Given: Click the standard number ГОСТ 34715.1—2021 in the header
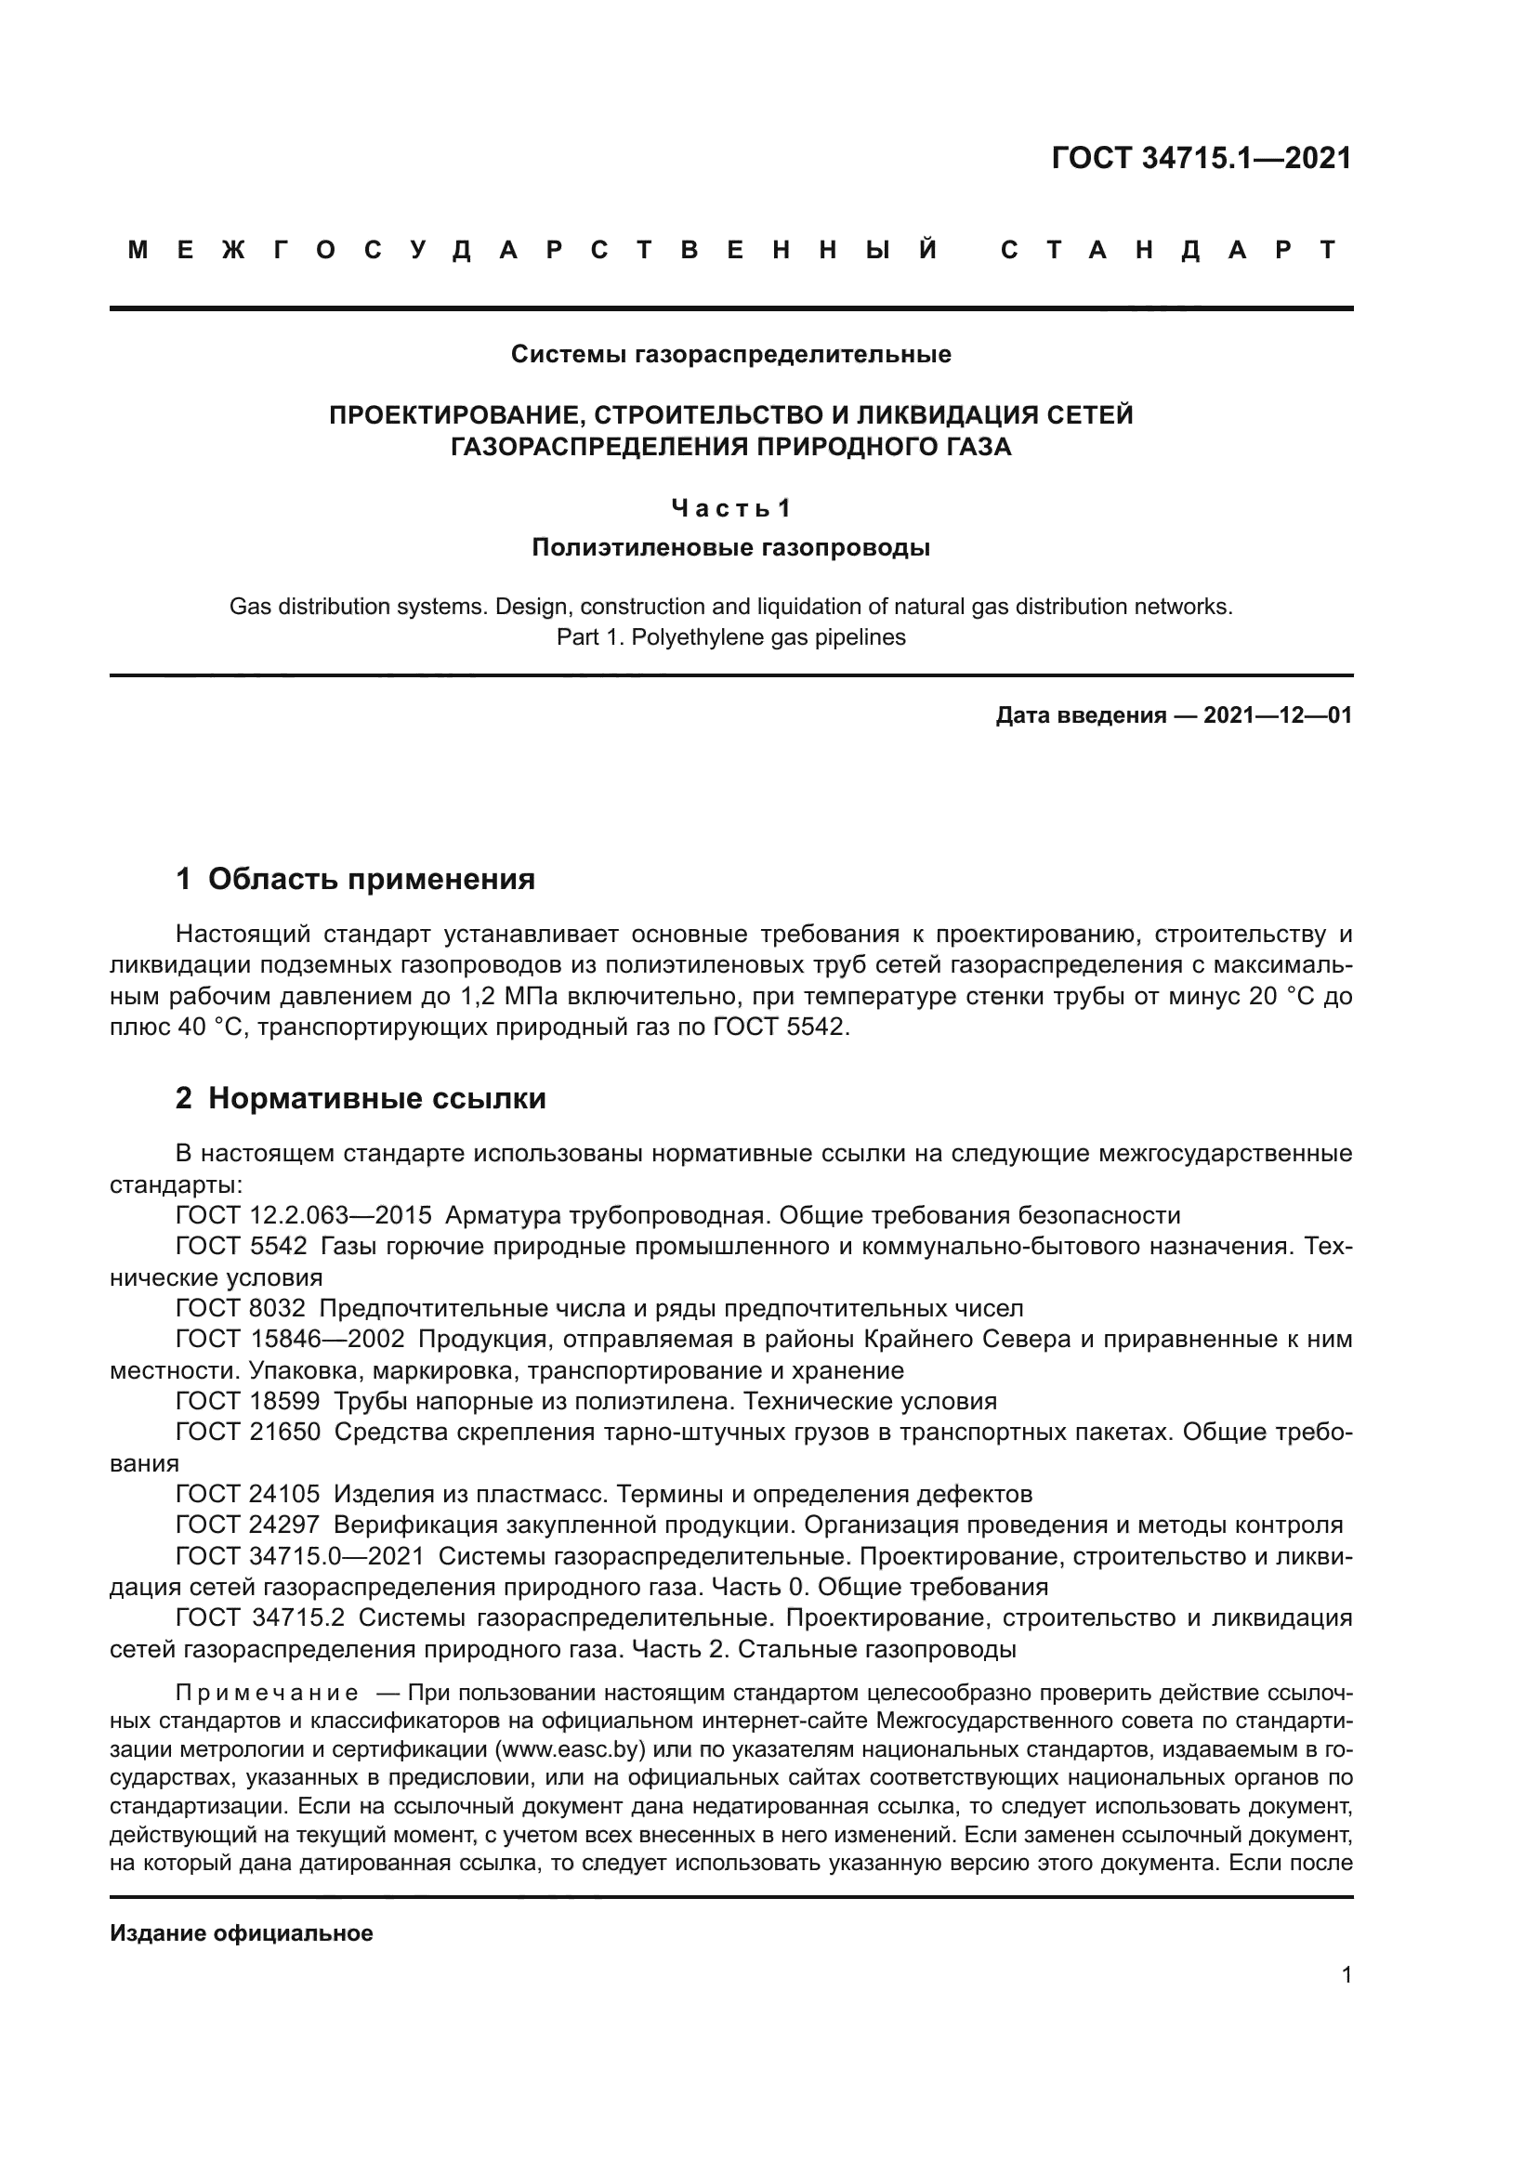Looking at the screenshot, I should [1201, 158].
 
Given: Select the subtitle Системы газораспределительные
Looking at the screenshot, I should [730, 355].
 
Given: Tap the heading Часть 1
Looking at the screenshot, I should [730, 509].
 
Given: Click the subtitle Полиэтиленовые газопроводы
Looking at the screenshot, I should [730, 548].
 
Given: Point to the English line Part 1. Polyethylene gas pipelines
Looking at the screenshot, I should [730, 638].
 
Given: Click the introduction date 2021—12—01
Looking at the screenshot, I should [1277, 716].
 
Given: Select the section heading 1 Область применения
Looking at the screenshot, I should [355, 879].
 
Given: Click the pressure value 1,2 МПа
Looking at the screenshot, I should [509, 997].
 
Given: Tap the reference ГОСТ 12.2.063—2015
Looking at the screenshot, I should [304, 1216].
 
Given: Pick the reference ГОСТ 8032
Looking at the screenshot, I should [241, 1309].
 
